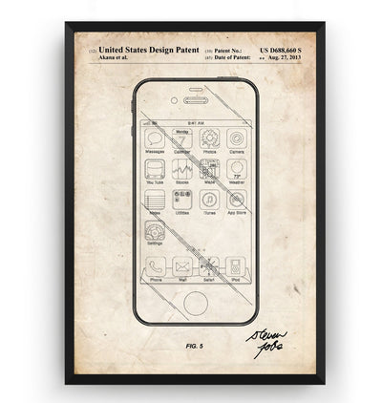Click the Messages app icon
tap(155, 138)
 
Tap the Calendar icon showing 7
tap(182, 138)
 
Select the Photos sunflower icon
tap(209, 138)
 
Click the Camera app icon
tap(236, 138)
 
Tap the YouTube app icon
tap(155, 168)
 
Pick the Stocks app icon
tap(182, 168)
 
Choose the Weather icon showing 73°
tap(236, 168)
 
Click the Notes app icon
tap(155, 199)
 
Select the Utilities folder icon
tap(182, 199)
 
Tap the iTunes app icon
tap(209, 199)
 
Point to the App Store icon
tap(236, 199)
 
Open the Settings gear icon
tap(155, 230)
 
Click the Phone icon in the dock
tap(155, 266)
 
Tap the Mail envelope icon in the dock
tap(182, 266)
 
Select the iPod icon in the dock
tap(236, 266)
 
